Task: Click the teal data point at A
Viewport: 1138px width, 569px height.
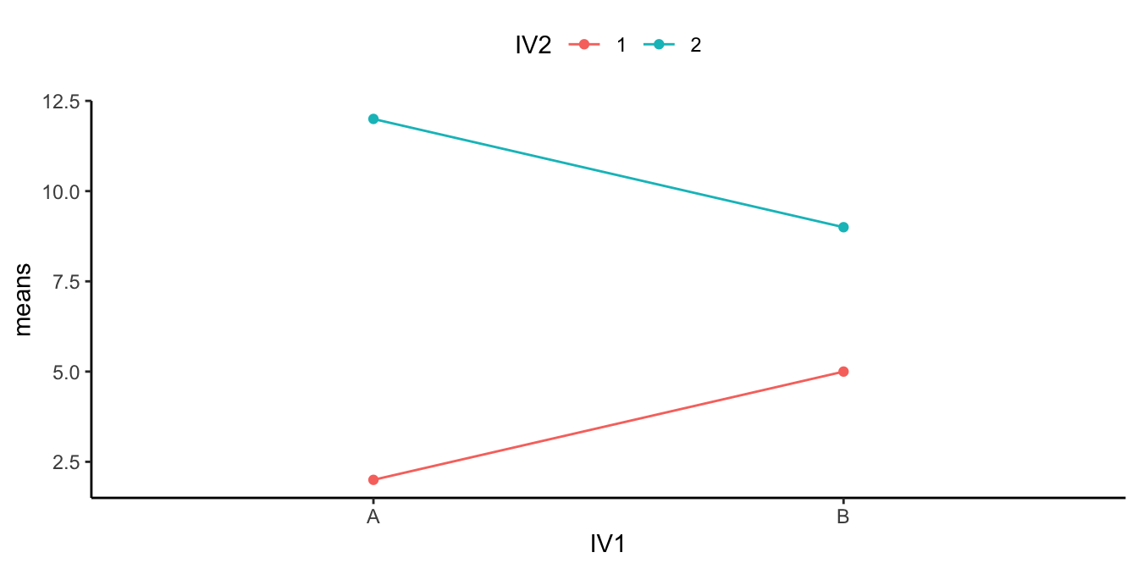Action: (373, 119)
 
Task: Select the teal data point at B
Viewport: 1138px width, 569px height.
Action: (843, 227)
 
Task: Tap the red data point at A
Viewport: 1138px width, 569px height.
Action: (373, 479)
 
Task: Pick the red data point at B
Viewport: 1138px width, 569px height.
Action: (843, 372)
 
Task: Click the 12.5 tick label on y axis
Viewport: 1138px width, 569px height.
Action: (62, 102)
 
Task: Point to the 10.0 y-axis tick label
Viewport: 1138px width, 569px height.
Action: (62, 191)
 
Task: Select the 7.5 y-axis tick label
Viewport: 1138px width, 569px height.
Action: (67, 281)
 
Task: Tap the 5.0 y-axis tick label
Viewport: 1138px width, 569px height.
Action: (67, 372)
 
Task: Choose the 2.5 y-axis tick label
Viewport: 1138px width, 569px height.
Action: (67, 461)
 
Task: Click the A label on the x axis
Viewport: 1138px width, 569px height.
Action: (373, 517)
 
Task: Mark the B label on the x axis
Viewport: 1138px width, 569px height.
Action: (842, 517)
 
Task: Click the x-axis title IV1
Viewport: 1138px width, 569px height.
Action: (608, 544)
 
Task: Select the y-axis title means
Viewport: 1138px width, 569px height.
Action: (24, 299)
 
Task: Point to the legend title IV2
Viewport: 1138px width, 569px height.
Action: (533, 46)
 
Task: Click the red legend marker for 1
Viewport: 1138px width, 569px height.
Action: (583, 46)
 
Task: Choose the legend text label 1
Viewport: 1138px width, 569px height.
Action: (621, 46)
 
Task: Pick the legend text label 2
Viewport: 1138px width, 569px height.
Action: (696, 46)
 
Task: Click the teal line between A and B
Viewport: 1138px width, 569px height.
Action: (608, 173)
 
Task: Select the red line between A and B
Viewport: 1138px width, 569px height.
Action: (608, 426)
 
